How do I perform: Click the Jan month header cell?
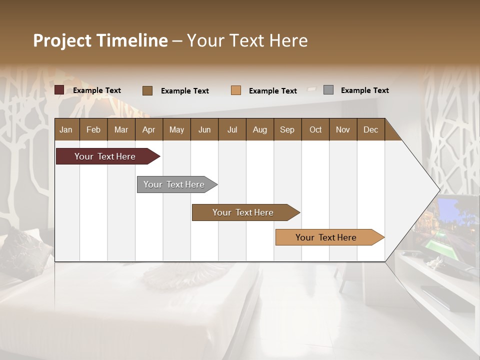coord(66,129)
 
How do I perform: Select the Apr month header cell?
coord(149,129)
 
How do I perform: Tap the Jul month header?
coord(232,129)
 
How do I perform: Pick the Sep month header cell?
coord(287,129)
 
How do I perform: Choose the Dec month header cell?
coord(370,129)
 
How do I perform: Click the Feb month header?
coord(93,129)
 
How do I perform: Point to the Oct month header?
coord(315,129)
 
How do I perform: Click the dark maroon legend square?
coord(59,90)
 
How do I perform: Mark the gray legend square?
coord(328,90)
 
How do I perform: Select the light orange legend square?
coord(236,90)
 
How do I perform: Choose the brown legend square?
coord(147,90)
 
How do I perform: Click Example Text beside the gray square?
coord(364,90)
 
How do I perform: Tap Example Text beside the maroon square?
coord(97,90)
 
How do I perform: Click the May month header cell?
coord(176,129)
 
